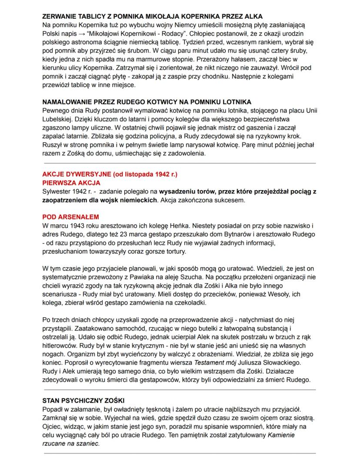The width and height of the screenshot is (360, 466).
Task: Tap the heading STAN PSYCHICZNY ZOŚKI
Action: coord(83,400)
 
